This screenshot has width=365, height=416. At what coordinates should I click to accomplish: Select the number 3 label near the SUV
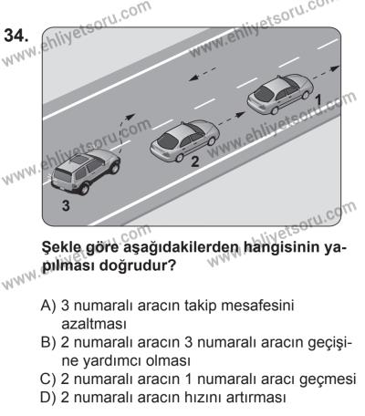tap(65, 206)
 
